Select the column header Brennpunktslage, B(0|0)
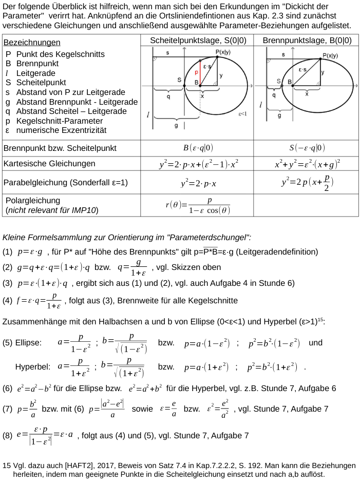click(x=307, y=41)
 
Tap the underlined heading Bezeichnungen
click(x=32, y=42)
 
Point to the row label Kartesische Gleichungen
click(x=49, y=164)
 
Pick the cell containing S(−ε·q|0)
click(x=307, y=148)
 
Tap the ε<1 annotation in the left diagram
click(x=242, y=114)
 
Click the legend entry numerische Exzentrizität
click(x=61, y=130)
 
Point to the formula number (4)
click(x=7, y=300)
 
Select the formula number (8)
click(x=7, y=435)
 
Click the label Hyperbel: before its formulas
click(x=33, y=367)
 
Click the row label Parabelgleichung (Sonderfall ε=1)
click(x=66, y=183)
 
